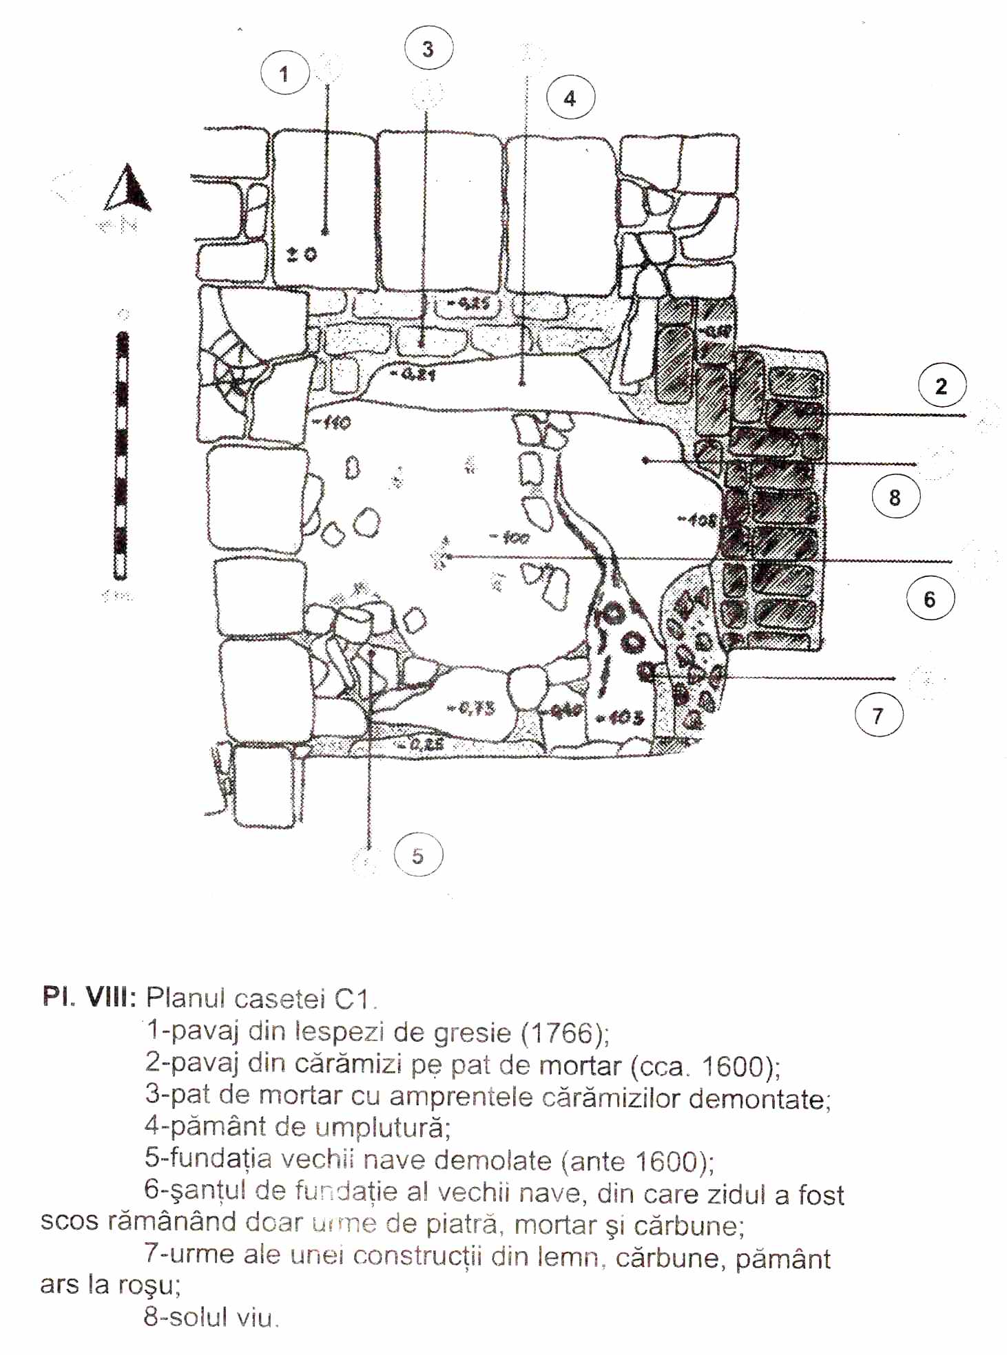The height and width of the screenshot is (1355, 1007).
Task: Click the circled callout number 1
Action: click(284, 73)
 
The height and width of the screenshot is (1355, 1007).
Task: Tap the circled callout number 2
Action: click(942, 386)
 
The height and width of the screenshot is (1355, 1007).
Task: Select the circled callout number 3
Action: click(428, 49)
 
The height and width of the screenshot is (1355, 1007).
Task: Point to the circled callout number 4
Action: click(570, 98)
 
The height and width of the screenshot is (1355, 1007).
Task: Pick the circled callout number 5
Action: click(418, 856)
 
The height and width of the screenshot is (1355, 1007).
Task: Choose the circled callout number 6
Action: click(930, 599)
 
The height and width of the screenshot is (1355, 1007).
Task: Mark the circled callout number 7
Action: click(878, 716)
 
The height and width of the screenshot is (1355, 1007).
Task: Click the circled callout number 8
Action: click(895, 497)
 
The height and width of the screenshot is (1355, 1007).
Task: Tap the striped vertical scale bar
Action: click(121, 455)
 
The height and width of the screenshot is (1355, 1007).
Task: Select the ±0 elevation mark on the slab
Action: click(302, 255)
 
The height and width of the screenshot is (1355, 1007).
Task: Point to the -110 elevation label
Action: click(332, 422)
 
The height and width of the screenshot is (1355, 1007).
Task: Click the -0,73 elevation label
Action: click(471, 708)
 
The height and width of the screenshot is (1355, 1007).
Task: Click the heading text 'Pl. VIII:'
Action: click(90, 997)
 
